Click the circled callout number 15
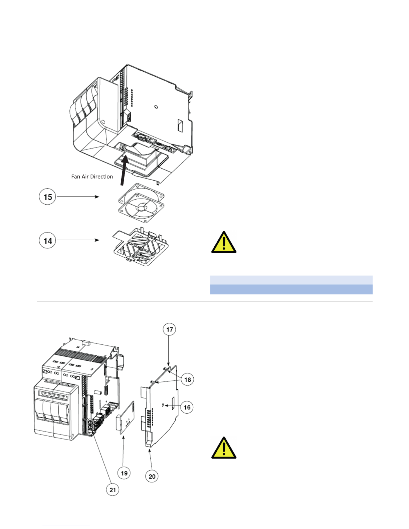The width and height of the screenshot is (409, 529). (x=47, y=197)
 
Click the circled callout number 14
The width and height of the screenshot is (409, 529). (x=47, y=240)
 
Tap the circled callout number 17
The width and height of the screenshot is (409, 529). (x=170, y=330)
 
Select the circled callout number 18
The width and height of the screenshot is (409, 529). (x=188, y=379)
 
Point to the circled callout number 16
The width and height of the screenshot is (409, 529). (x=187, y=407)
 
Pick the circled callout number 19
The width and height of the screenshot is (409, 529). (x=124, y=473)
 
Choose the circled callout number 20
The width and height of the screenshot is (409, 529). (x=152, y=476)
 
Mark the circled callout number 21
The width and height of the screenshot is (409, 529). (x=113, y=490)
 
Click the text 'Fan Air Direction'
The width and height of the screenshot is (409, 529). (x=92, y=177)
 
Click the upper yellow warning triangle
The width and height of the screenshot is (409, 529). (x=224, y=242)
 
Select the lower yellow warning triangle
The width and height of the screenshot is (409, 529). (x=224, y=448)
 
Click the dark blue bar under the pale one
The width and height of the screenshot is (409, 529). (x=291, y=289)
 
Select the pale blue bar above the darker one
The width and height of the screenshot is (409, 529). (x=291, y=280)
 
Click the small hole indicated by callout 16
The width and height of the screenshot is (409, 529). (x=163, y=405)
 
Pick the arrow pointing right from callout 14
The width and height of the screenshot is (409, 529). (x=78, y=240)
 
